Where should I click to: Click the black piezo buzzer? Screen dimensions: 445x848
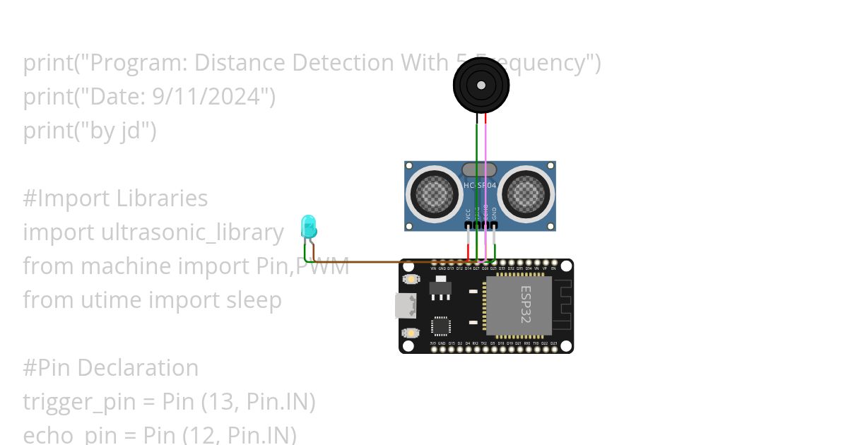point(481,85)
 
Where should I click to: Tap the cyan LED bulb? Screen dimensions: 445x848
point(309,226)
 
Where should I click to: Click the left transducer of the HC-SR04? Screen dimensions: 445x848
point(432,191)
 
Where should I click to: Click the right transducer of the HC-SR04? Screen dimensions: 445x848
point(527,191)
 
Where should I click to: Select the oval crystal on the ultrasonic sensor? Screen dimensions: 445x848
point(479,170)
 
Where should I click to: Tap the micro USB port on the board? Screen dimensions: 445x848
point(406,306)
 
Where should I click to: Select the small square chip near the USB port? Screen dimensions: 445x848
point(440,326)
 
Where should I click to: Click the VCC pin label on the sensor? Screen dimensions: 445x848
point(468,213)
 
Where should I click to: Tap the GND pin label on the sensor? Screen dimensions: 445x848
point(494,213)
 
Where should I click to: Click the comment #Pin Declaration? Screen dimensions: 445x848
point(111,368)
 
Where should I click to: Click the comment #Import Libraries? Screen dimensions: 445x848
point(115,198)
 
